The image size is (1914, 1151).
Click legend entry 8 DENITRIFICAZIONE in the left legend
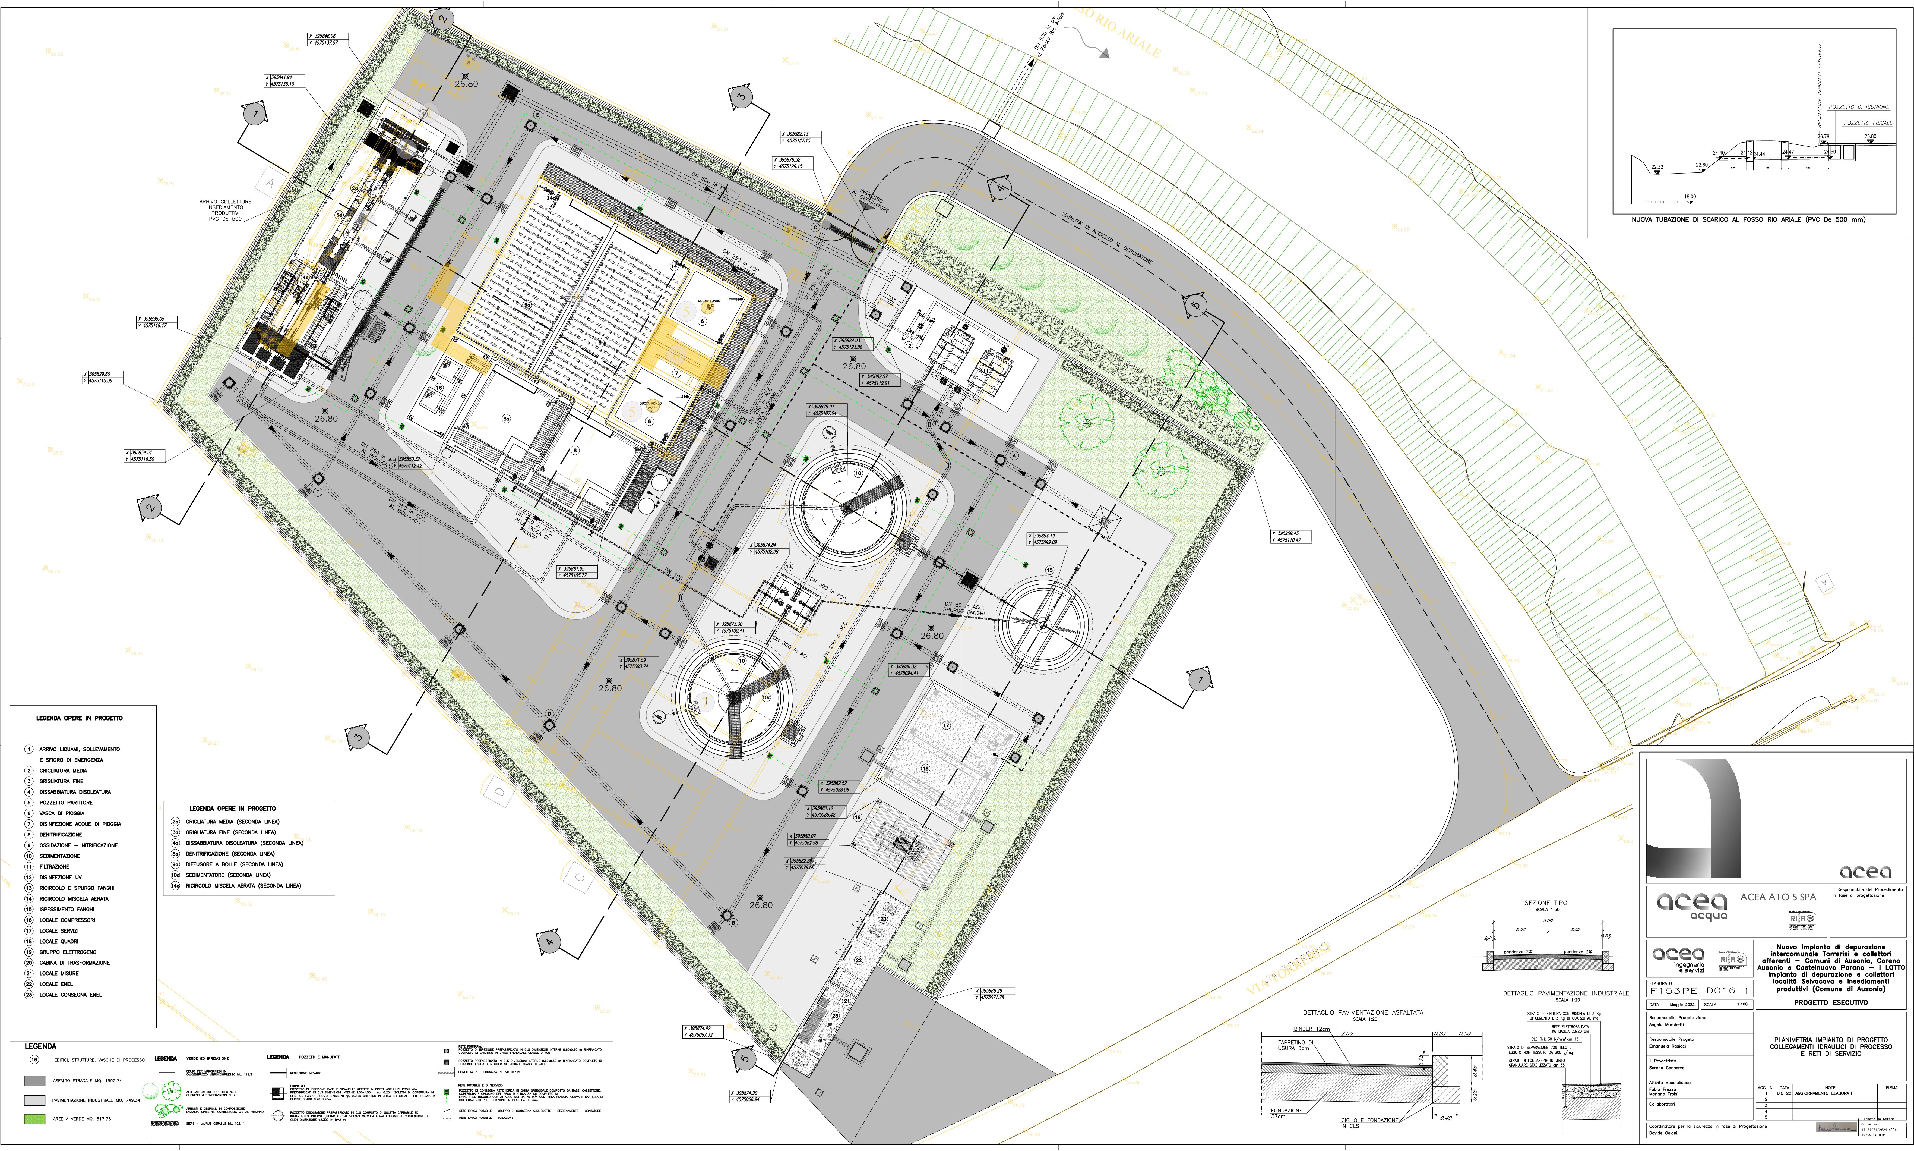coord(61,835)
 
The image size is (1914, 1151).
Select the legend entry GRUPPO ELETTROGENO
coord(68,952)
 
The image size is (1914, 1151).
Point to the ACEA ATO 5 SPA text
coord(1777,897)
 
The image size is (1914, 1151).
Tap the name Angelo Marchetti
coord(1666,1025)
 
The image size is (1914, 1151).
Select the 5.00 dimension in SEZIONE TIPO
coord(1547,921)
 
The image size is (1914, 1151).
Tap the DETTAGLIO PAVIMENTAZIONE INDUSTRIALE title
coord(1565,993)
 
